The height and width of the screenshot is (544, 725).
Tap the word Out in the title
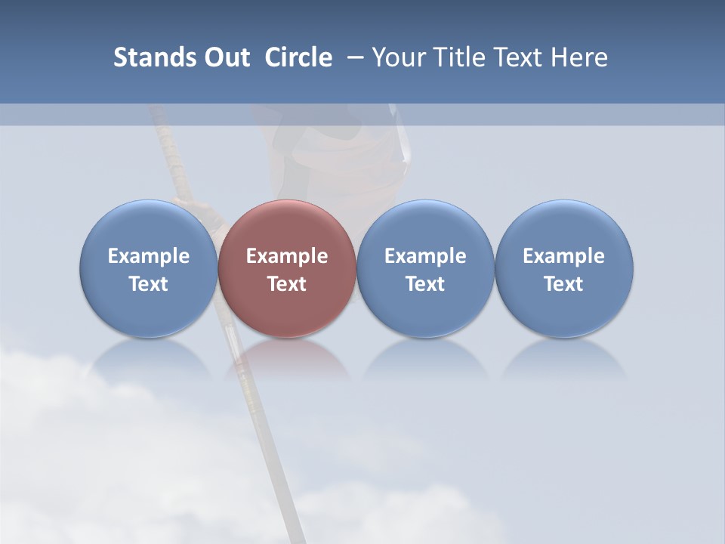click(226, 57)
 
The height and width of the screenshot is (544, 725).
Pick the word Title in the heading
click(458, 57)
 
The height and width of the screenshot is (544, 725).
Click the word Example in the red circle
click(287, 256)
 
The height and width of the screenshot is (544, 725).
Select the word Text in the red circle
click(287, 284)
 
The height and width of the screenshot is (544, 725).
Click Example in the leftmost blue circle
click(149, 256)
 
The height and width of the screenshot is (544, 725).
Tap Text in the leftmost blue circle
click(149, 284)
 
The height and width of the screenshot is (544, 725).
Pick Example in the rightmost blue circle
click(563, 256)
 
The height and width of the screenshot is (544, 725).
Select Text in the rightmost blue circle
click(563, 284)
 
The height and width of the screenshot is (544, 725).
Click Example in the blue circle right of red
click(425, 256)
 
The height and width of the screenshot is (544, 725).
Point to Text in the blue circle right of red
click(425, 284)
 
